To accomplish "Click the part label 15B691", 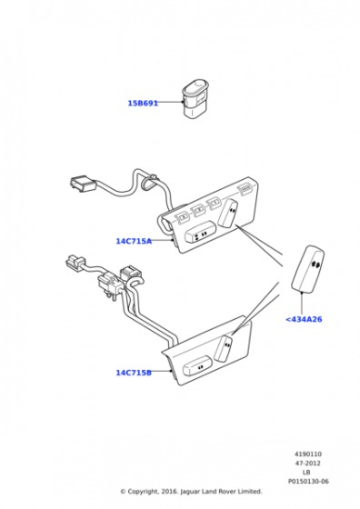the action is coord(143,104).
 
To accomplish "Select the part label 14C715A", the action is coord(134,241).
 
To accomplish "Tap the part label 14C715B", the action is coord(134,373).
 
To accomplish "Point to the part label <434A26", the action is coord(304,319).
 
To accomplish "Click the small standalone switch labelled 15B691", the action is coord(195,98).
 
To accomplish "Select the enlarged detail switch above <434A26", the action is coord(308,268).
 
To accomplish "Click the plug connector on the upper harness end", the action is coord(83,184).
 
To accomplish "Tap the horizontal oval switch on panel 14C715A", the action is coord(200,232).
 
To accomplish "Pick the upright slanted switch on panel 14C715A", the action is coord(228,213).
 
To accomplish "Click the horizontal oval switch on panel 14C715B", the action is coord(197,365).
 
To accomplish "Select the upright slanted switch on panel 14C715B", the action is coord(224,348).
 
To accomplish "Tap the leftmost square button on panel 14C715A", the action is coord(182,216).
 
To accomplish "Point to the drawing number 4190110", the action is coord(308,454).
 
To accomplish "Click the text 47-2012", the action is coord(308,464).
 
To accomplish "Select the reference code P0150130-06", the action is coord(308,482).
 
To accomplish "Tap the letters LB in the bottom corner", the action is coord(306,473).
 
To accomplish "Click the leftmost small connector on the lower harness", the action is coord(75,262).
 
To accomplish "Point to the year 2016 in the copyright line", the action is coord(169,492).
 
